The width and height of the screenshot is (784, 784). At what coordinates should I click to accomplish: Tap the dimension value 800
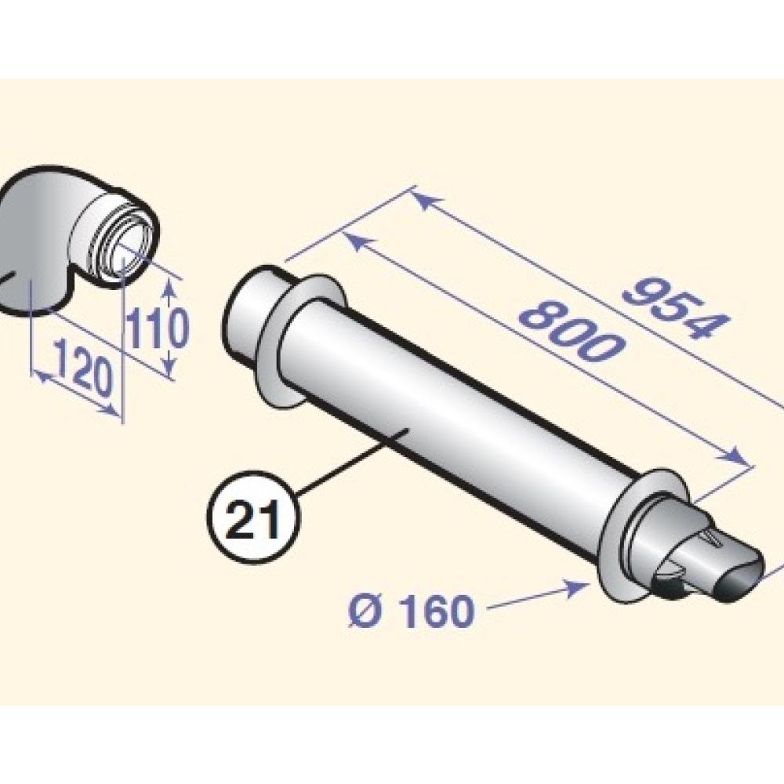pyautogui.click(x=571, y=331)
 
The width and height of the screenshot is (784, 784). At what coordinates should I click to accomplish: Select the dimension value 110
pyautogui.click(x=158, y=328)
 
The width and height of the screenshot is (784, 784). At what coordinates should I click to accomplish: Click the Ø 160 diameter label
pyautogui.click(x=411, y=610)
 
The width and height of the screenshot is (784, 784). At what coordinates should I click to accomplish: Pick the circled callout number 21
pyautogui.click(x=253, y=517)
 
